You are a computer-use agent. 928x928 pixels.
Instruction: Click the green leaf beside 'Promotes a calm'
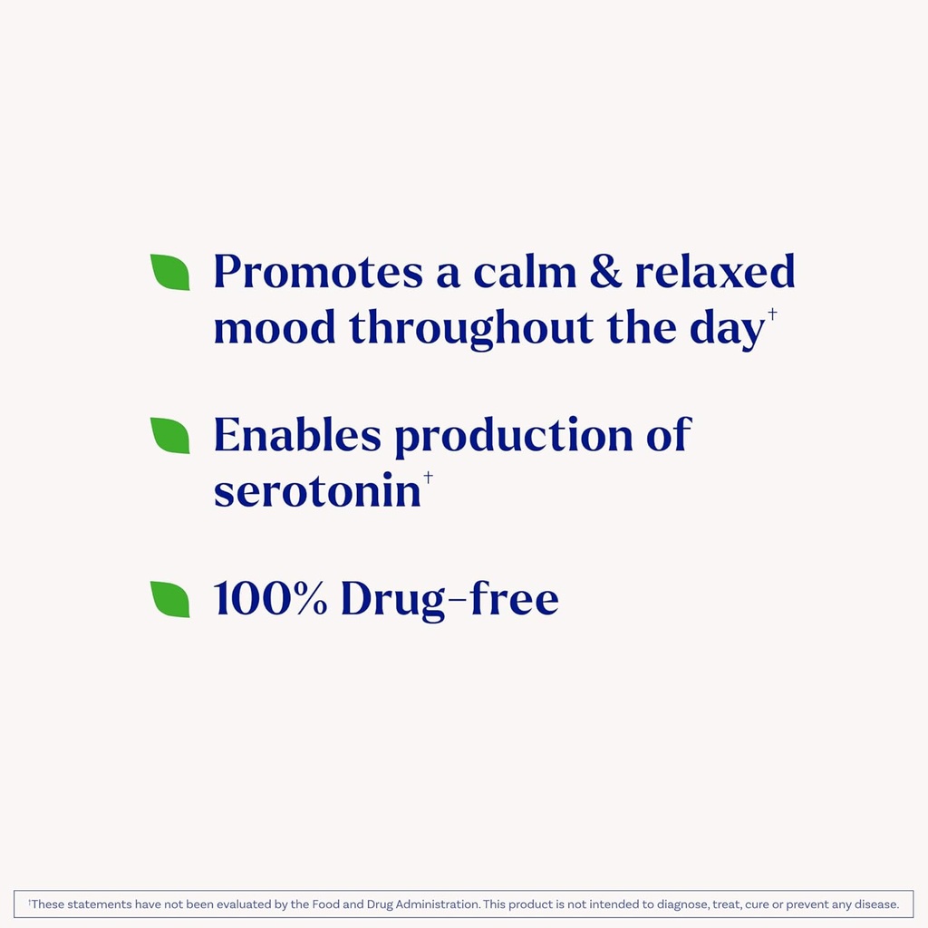tap(170, 272)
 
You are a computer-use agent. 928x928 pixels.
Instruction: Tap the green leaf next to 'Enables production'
tap(170, 435)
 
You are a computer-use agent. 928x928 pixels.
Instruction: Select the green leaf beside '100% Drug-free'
tap(170, 599)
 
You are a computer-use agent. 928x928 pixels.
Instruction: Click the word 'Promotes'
tap(317, 272)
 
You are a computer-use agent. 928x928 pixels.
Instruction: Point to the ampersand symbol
tap(605, 272)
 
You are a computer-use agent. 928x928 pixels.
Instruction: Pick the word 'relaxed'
tap(714, 272)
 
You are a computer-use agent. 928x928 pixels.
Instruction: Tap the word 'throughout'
tap(471, 329)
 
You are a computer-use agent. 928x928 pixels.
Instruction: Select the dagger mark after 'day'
tap(772, 314)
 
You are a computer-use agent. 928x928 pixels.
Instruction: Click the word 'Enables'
tap(297, 436)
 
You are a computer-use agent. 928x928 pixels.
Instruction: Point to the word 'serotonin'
tap(317, 490)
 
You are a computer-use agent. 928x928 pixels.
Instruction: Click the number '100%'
tap(270, 599)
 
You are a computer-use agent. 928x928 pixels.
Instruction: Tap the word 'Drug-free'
tap(449, 599)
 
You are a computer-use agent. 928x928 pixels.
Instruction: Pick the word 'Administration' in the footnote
tap(435, 904)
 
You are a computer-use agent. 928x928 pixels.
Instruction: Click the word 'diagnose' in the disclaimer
tap(682, 904)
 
